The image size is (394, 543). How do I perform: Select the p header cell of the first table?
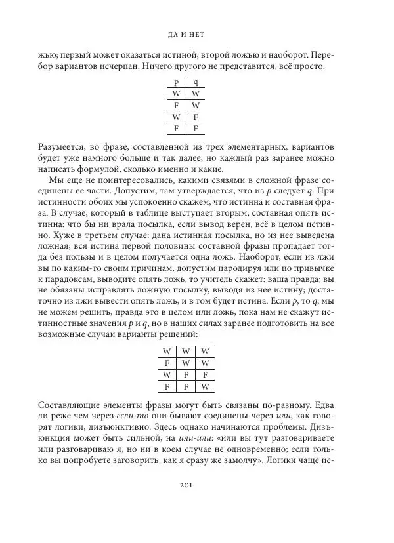176,83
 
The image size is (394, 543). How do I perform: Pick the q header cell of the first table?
196,83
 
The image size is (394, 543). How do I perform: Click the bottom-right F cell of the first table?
196,129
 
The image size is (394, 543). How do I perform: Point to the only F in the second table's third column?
206,374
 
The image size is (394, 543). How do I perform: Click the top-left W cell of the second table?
167,351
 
